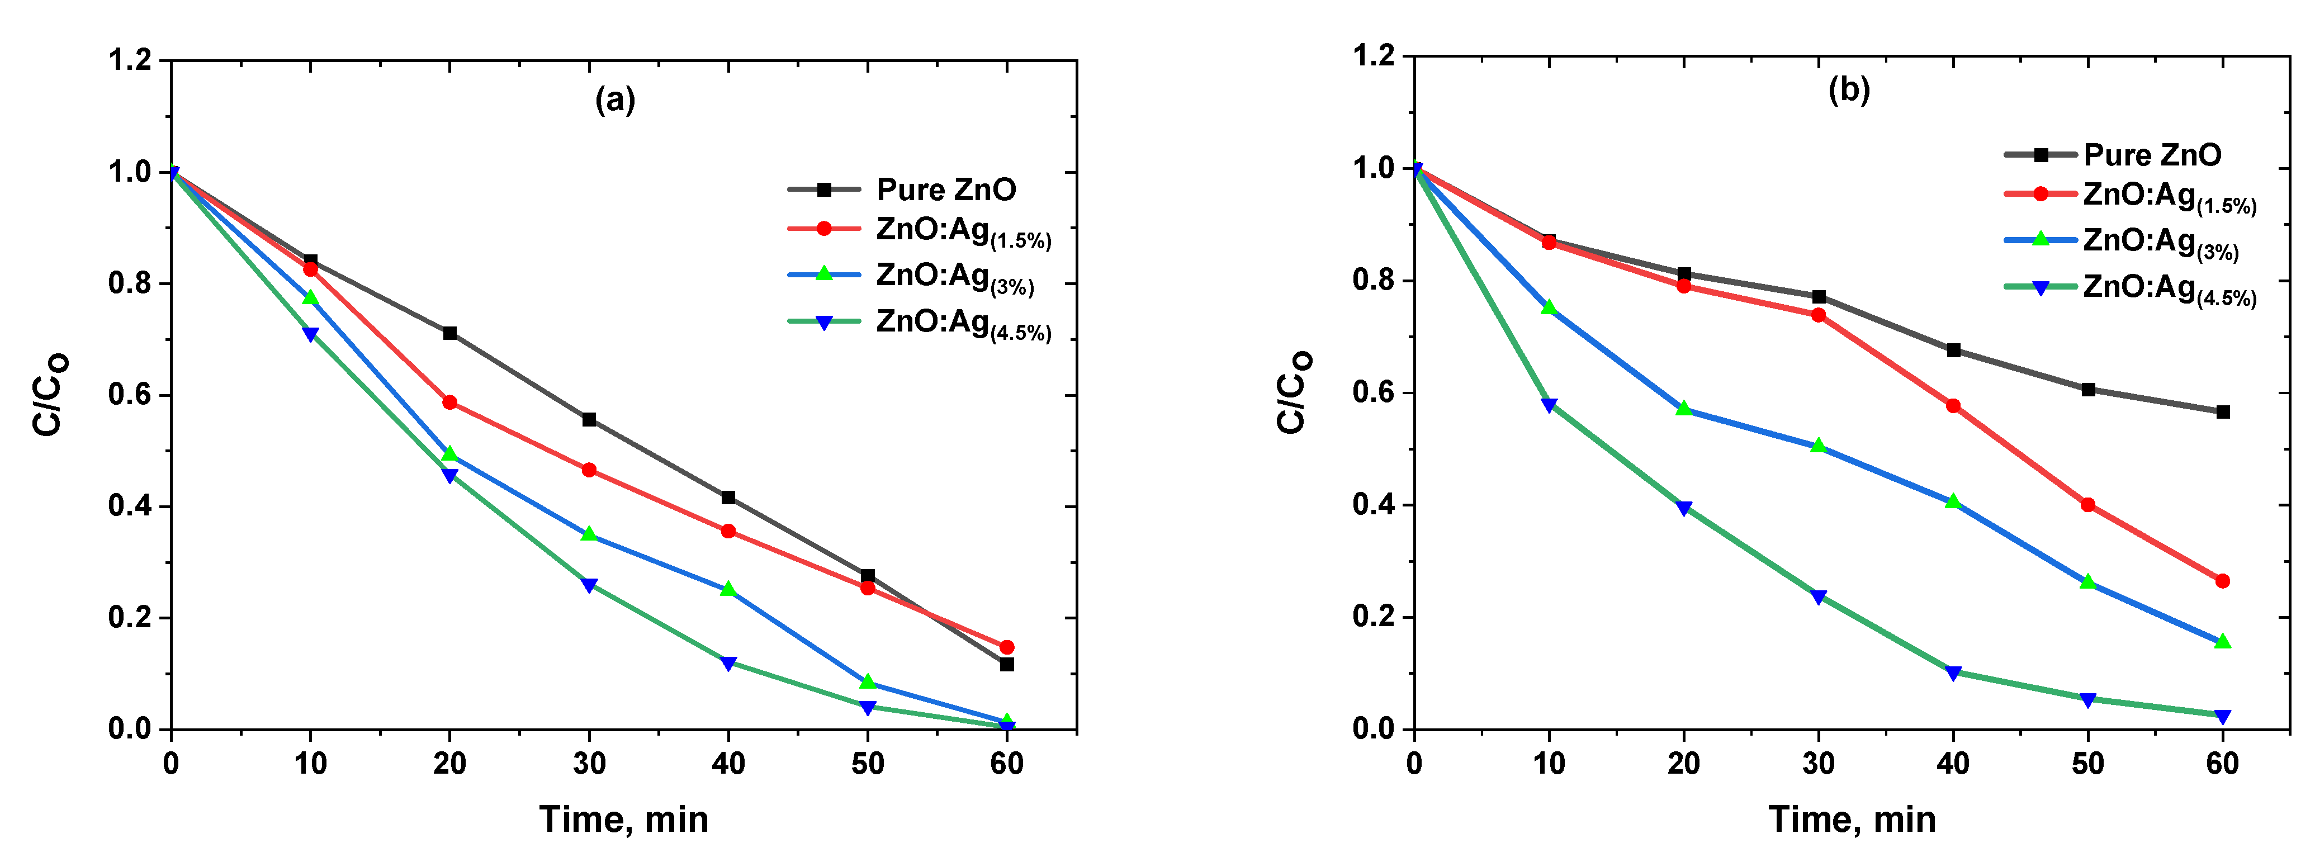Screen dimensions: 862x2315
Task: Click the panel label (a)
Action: tap(615, 100)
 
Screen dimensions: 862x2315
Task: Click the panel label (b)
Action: tap(1849, 90)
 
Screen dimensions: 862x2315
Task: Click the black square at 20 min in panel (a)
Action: tap(449, 334)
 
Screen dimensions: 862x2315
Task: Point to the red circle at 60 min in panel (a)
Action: tap(1006, 647)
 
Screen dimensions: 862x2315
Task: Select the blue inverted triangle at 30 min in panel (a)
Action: tap(589, 585)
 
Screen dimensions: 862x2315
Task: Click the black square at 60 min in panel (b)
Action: tap(2222, 411)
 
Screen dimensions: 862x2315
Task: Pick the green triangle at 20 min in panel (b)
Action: tap(1683, 408)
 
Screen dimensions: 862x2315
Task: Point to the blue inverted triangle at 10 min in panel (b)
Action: tap(1549, 405)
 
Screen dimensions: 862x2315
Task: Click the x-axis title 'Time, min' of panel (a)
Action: tap(624, 820)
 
